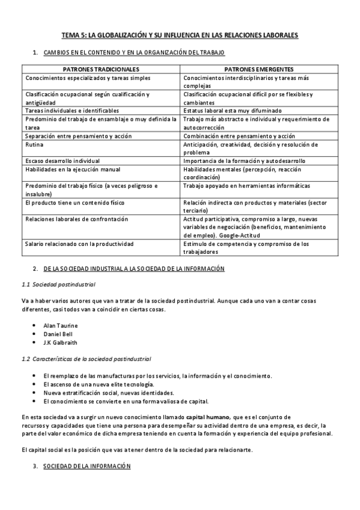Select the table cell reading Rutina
[34, 144]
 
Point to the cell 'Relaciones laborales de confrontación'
[77, 220]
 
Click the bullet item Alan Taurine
[61, 325]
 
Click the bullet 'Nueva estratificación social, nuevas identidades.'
[108, 392]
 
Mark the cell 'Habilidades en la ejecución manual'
[73, 170]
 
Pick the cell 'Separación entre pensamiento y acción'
[78, 136]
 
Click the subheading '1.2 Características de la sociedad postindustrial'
[86, 359]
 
